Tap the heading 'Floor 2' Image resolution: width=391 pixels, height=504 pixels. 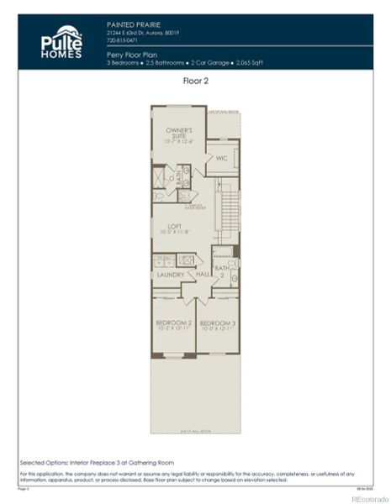195,81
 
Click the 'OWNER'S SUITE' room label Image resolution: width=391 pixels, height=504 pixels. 178,134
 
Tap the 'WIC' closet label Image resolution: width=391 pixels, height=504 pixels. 222,158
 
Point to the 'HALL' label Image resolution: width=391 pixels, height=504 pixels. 203,275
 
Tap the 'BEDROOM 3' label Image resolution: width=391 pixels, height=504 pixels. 216,323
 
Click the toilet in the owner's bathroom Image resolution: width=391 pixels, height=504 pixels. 160,197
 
